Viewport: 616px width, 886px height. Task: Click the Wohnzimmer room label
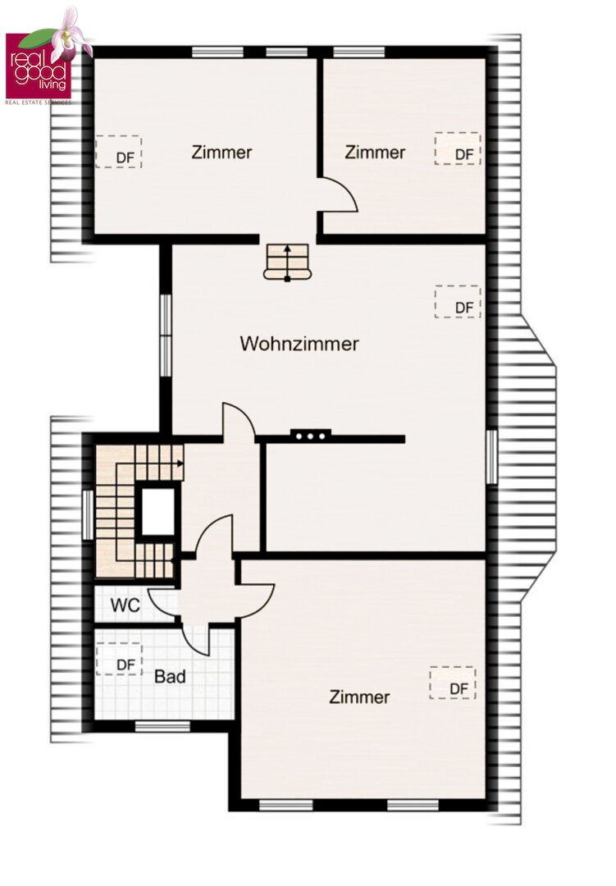point(299,344)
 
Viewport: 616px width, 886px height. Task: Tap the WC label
point(125,605)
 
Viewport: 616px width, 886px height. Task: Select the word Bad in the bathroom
point(170,676)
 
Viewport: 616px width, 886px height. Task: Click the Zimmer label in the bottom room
point(359,696)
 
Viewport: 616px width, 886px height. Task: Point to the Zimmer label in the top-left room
point(221,152)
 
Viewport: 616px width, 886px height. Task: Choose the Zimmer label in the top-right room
point(375,152)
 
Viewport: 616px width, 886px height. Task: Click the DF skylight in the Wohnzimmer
point(458,302)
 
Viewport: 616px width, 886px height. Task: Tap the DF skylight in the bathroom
point(119,659)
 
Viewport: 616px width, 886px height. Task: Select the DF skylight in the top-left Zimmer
point(118,152)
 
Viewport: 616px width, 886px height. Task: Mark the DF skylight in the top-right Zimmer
point(458,148)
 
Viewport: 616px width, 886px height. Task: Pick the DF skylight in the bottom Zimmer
point(453,683)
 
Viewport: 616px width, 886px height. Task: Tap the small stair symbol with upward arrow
point(288,263)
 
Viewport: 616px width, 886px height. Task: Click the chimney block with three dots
point(311,436)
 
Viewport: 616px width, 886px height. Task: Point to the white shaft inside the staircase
point(157,511)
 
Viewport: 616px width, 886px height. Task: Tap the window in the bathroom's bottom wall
point(162,726)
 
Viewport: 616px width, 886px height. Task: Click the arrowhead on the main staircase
point(180,464)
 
